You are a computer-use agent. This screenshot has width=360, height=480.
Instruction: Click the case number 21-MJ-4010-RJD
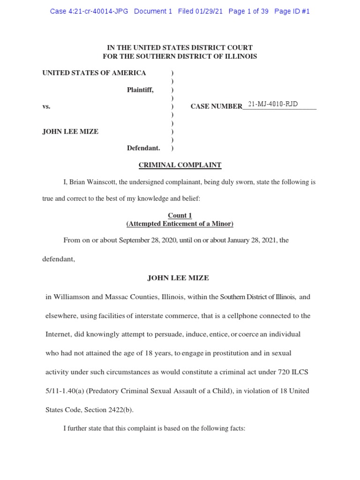coord(273,104)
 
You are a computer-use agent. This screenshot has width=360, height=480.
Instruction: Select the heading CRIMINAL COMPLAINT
coord(180,165)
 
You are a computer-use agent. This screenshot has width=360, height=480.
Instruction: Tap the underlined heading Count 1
coord(180,216)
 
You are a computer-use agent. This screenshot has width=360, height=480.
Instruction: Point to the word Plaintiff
coord(140,90)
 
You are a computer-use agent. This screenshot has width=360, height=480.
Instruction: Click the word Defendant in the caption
coord(143,148)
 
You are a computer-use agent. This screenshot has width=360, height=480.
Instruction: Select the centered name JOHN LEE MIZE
coord(178,278)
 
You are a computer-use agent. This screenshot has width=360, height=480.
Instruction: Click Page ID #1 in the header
coord(292,11)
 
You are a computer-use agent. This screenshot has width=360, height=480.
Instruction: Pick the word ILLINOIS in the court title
coord(240,56)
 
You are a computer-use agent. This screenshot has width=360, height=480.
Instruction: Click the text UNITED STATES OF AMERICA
coord(94,73)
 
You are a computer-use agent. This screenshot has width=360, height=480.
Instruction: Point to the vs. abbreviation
coord(46,106)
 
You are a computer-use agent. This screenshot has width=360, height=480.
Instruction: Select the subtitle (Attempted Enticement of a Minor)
coord(180,224)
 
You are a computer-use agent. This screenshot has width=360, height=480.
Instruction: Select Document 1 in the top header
coord(153,11)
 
